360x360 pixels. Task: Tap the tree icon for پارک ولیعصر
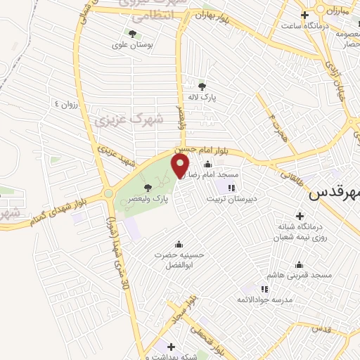(147, 187)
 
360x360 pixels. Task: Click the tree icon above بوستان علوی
(133, 33)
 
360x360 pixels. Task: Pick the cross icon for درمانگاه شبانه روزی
(300, 216)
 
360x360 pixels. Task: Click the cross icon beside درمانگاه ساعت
(304, 15)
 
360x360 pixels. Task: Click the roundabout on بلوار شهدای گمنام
(108, 194)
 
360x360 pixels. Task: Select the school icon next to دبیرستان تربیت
(231, 187)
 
